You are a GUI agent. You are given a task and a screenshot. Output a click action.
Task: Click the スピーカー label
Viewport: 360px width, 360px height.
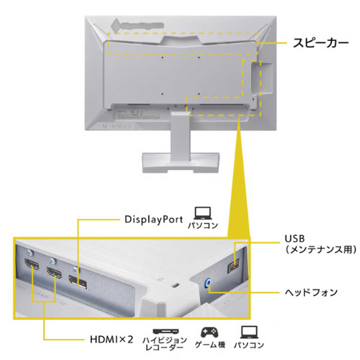coord(321,43)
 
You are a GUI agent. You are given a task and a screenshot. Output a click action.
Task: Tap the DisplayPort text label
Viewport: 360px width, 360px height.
coord(153,220)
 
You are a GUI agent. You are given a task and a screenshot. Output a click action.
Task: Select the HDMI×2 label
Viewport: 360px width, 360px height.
coord(111,339)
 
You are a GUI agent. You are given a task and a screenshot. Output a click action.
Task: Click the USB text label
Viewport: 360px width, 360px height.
coord(295,238)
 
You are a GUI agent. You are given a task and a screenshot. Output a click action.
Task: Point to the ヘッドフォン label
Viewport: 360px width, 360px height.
coord(311,292)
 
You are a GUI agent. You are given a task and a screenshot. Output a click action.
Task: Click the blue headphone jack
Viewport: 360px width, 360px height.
coord(207,283)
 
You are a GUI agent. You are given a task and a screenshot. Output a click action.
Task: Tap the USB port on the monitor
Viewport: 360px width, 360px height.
coord(233,266)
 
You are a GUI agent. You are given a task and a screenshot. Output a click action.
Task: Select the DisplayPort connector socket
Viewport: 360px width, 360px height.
coord(77,282)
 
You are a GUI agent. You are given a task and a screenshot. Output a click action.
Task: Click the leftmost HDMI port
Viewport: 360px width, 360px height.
coord(31,264)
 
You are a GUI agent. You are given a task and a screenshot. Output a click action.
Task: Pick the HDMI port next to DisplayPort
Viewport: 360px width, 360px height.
coord(54,273)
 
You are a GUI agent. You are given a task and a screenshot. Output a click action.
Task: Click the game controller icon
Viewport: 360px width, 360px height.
coord(209,332)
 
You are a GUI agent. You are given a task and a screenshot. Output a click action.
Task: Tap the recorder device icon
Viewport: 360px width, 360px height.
coord(166,332)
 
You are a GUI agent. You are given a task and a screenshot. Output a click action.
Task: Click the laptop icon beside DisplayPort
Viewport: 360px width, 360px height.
coord(202,213)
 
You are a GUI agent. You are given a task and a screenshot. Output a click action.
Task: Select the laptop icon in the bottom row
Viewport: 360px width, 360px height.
coord(249,332)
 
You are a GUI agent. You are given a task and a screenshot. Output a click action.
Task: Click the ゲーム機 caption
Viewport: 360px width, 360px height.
coord(210,345)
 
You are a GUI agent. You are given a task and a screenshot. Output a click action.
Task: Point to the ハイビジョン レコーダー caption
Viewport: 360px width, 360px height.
coord(165,343)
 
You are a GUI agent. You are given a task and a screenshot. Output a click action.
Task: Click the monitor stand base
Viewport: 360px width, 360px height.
coord(181,162)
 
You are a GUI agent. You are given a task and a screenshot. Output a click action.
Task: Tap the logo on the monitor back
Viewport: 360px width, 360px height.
coord(137,25)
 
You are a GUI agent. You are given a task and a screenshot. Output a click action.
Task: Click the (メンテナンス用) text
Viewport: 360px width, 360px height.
coord(321,249)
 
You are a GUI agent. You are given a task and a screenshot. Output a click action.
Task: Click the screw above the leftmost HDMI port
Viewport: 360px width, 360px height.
coord(30,253)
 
